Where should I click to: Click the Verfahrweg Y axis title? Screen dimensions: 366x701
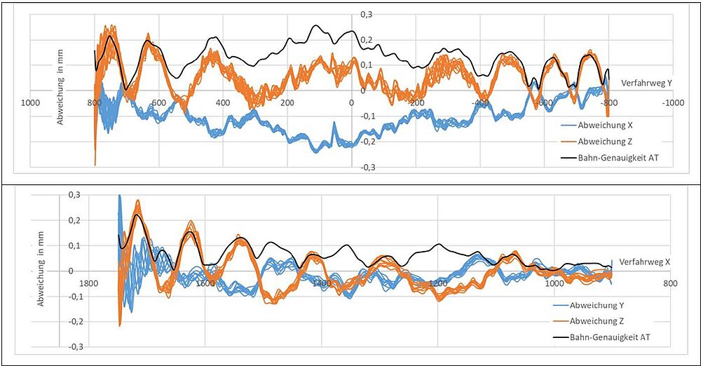pyautogui.click(x=646, y=83)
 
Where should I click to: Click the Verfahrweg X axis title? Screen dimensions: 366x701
pyautogui.click(x=645, y=262)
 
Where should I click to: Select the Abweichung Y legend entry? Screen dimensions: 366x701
pyautogui.click(x=599, y=305)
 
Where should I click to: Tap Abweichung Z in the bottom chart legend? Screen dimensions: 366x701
pyautogui.click(x=599, y=321)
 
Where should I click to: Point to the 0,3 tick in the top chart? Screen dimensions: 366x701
pyautogui.click(x=367, y=14)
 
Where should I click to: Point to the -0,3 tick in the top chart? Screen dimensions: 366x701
pyautogui.click(x=365, y=167)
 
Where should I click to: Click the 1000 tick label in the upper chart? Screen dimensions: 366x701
pyautogui.click(x=29, y=103)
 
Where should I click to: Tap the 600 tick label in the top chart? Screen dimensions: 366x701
pyautogui.click(x=158, y=103)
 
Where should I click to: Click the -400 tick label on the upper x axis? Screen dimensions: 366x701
pyautogui.click(x=481, y=103)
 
